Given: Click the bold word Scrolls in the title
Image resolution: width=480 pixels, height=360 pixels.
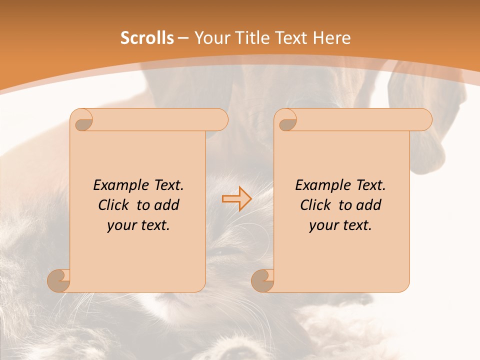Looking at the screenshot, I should click(x=147, y=38).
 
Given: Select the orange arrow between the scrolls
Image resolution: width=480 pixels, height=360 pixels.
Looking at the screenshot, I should click(x=236, y=198).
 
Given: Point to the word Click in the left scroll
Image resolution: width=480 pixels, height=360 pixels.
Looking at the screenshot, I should click(x=113, y=205).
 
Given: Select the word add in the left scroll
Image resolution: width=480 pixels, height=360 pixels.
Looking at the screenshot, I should click(x=166, y=205).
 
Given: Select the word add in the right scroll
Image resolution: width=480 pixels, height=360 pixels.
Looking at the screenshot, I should click(x=368, y=205).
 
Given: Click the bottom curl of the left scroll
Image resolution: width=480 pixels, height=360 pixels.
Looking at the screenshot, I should click(x=58, y=280).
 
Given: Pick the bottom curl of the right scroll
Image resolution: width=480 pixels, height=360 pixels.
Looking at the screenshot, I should click(x=262, y=280).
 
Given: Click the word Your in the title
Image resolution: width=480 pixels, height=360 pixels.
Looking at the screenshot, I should click(x=210, y=38).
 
